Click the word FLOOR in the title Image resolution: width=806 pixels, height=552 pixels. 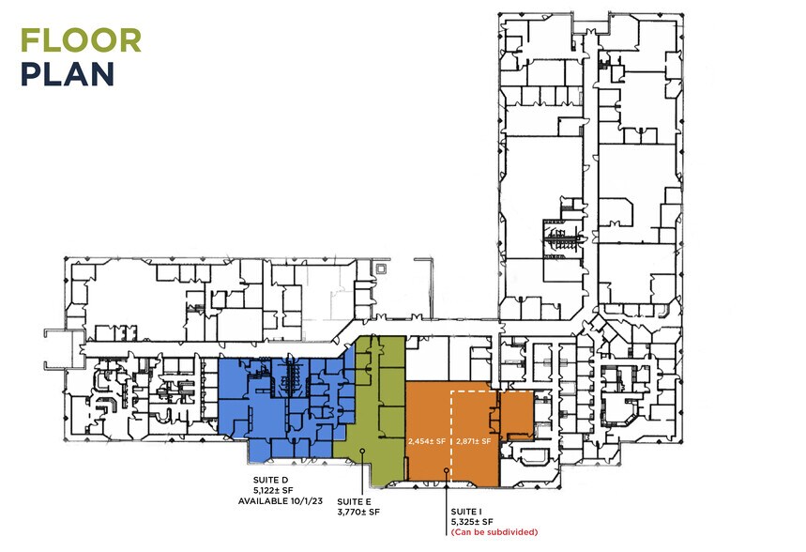pos(81,40)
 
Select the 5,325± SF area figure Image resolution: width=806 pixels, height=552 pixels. pos(471,521)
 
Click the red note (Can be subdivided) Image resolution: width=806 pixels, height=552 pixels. pos(494,532)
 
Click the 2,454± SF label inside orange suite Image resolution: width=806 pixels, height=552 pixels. pos(427,439)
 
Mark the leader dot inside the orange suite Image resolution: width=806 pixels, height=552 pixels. pos(447,461)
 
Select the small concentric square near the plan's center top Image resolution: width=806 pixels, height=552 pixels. pos(379,268)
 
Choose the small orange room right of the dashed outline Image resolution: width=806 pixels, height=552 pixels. pos(515,415)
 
